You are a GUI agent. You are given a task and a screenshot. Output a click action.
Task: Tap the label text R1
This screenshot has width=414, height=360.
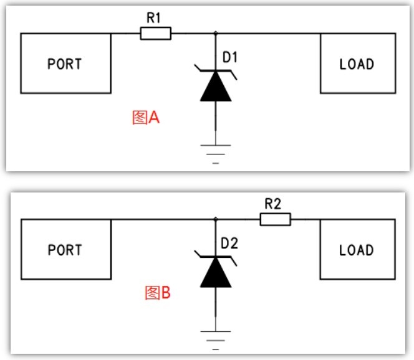pos(153,18)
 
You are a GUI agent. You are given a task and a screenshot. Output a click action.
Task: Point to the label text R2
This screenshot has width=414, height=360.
pos(272,204)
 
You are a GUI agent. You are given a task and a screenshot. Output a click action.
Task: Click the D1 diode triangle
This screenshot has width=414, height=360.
pos(216,86)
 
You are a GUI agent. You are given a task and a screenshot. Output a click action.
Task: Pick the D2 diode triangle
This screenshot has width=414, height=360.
pos(216,272)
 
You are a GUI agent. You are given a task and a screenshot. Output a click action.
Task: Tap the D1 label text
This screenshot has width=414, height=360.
pos(230,57)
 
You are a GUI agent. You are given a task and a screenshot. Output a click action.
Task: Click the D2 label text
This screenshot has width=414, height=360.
pos(229,243)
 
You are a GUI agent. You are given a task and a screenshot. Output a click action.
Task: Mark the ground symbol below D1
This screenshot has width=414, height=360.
pos(216,154)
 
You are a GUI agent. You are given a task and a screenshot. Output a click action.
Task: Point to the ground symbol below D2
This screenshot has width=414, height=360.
pos(216,340)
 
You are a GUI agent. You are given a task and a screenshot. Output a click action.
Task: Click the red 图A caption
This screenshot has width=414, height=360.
pos(146,117)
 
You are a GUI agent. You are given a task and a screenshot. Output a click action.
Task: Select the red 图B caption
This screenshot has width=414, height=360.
pos(158,293)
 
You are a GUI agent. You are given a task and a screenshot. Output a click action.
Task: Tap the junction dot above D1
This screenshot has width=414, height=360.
pos(216,33)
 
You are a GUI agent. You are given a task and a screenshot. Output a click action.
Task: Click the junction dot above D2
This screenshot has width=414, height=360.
pos(216,219)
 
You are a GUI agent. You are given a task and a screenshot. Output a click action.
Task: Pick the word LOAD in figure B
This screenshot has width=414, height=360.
pos(357,250)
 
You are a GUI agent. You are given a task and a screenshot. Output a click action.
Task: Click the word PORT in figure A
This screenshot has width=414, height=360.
pos(65,64)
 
